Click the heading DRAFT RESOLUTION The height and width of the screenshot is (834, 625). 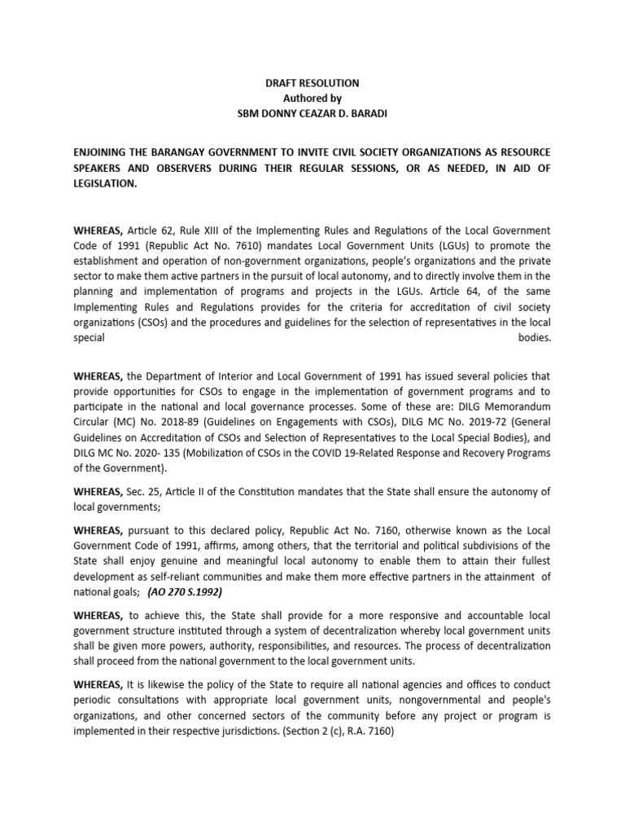(x=313, y=84)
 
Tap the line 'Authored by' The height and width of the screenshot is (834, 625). (x=313, y=98)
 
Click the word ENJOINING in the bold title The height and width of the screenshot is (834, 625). (x=105, y=153)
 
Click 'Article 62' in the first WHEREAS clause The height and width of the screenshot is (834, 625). (x=149, y=231)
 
